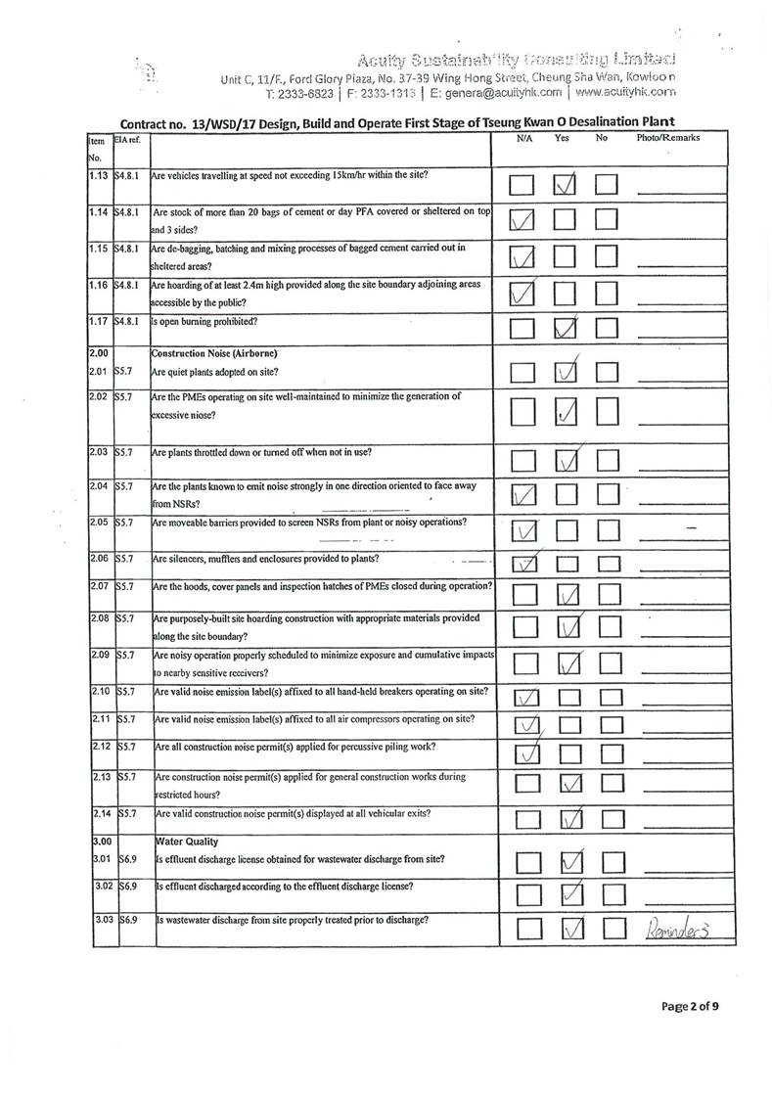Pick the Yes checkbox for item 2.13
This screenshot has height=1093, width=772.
pyautogui.click(x=568, y=784)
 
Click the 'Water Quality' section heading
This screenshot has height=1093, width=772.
pyautogui.click(x=186, y=841)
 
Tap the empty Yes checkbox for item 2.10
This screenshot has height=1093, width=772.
pyautogui.click(x=568, y=698)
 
